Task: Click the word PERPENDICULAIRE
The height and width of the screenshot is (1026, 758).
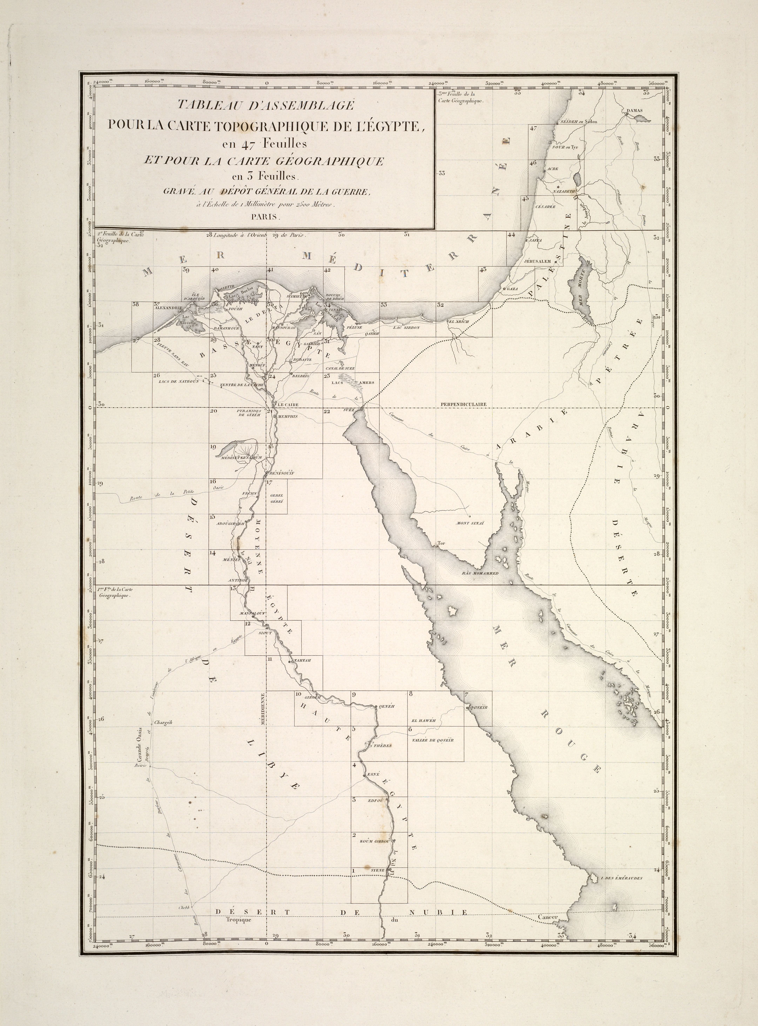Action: click(x=463, y=404)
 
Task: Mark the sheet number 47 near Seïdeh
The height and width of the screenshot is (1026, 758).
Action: click(x=533, y=129)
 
